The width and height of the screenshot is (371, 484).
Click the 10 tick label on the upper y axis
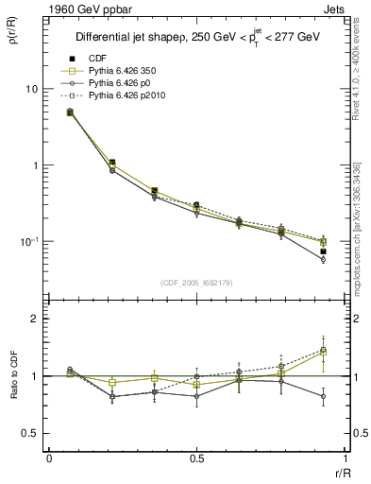(30, 89)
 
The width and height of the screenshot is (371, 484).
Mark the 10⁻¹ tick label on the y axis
(26, 241)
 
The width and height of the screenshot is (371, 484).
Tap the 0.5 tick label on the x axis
(196, 458)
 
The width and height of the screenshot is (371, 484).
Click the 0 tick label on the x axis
(49, 458)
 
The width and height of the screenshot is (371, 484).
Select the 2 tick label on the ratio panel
(34, 319)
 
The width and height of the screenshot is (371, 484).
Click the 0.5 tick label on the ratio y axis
(29, 433)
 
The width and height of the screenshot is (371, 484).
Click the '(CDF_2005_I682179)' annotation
(196, 283)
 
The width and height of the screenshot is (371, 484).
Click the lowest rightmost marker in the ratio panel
(323, 397)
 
